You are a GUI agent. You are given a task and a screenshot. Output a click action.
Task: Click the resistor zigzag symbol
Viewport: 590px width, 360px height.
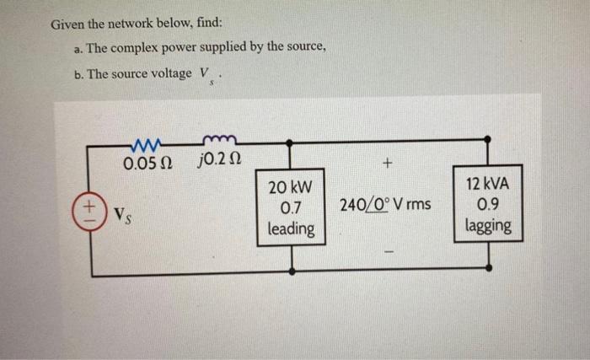[x=147, y=142]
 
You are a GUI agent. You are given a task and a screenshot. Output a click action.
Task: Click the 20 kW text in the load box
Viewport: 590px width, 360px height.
[x=291, y=187]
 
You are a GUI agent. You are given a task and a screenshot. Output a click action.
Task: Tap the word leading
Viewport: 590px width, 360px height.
[x=292, y=228]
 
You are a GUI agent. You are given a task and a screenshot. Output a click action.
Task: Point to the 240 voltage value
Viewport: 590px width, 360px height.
[x=352, y=205]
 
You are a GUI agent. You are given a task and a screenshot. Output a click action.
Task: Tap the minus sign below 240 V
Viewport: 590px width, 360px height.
[x=389, y=251]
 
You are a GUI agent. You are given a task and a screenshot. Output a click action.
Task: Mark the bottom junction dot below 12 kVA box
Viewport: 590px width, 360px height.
[x=489, y=268]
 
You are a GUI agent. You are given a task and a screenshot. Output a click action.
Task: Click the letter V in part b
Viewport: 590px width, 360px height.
[x=204, y=73]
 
